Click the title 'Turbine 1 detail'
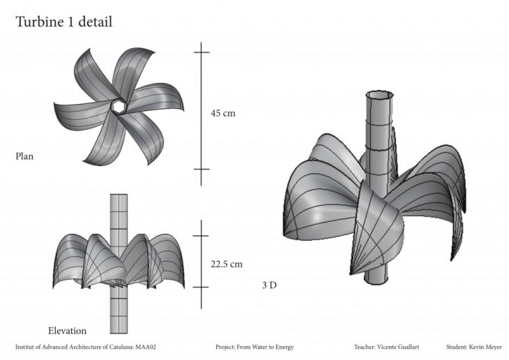tap(64, 22)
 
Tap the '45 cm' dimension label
tap(223, 114)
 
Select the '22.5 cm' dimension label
tap(227, 264)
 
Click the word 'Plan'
tap(24, 156)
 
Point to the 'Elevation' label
tap(67, 331)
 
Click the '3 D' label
tap(269, 285)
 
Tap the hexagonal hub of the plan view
tap(118, 106)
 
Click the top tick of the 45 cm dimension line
tap(202, 52)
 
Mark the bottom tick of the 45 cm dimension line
tap(202, 169)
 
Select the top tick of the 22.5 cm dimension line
tap(201, 236)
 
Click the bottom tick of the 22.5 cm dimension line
tap(201, 287)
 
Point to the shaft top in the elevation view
tap(119, 195)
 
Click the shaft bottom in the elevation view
tap(119, 333)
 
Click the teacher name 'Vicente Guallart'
tap(398, 347)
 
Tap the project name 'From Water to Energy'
tap(265, 347)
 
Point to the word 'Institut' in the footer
tap(24, 347)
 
